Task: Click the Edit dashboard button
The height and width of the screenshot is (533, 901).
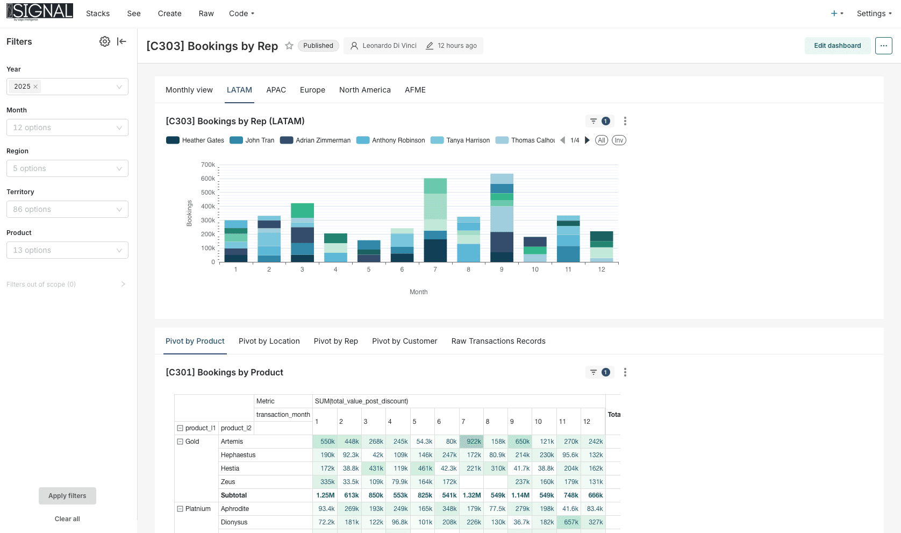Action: point(837,46)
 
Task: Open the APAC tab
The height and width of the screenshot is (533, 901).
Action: point(276,90)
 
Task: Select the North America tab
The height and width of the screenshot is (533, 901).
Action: point(365,90)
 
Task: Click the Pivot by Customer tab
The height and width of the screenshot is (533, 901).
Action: point(404,341)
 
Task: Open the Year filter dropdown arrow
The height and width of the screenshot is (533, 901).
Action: point(119,87)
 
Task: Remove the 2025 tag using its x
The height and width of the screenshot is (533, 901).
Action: point(35,87)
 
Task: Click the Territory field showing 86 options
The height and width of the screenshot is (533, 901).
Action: point(67,209)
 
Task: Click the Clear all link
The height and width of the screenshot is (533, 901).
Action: point(67,519)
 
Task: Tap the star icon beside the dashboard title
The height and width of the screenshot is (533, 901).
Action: point(289,46)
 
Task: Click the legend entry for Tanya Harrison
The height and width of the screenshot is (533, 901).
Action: point(460,140)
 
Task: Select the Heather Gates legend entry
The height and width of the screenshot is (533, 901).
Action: point(195,140)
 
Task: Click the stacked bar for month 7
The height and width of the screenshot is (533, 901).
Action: point(435,220)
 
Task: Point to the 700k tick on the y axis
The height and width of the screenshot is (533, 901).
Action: point(208,165)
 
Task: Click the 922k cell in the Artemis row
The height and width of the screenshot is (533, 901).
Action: point(471,442)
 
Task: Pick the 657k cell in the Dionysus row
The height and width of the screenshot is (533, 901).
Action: point(568,522)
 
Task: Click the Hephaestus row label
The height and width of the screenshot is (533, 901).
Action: point(238,455)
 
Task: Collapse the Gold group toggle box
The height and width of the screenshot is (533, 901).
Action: point(180,442)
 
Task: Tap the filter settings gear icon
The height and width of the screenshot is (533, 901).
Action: point(105,41)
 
